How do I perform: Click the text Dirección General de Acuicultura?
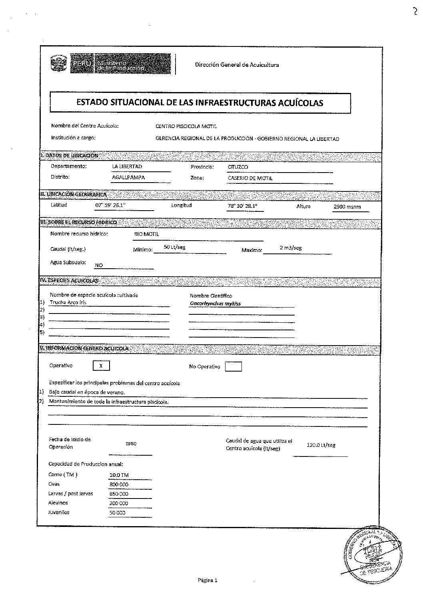237,65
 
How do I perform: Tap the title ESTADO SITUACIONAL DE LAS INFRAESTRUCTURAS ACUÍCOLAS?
200,103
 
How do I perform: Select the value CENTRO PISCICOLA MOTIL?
186,127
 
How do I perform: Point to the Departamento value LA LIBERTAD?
128,167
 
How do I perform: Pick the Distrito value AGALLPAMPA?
128,177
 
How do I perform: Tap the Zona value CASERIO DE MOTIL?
250,178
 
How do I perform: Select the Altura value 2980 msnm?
347,207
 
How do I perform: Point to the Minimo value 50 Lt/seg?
174,247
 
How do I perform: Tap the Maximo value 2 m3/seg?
291,248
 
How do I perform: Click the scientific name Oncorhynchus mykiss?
215,304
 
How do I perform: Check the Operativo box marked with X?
101,366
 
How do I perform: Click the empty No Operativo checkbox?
233,366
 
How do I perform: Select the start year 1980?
131,444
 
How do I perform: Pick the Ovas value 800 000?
119,484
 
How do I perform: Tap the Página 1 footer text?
207,580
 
